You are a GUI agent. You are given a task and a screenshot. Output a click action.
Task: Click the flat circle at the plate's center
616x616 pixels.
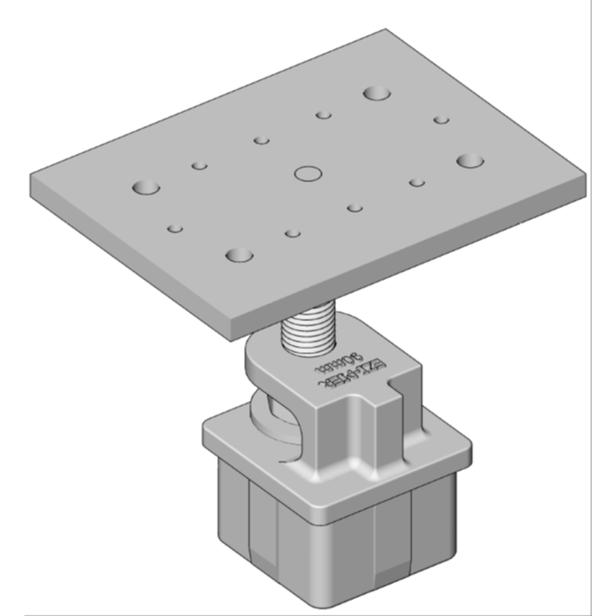[308, 173]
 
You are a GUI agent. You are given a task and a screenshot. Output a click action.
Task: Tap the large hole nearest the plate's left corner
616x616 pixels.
[145, 187]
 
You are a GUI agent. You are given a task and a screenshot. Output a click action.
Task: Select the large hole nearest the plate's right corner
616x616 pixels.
[469, 161]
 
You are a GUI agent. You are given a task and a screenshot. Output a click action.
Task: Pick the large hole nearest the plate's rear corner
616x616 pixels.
[375, 93]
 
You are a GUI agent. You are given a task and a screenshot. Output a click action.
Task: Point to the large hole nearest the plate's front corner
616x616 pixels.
[239, 255]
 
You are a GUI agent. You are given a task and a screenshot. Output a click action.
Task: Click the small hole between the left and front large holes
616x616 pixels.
[175, 229]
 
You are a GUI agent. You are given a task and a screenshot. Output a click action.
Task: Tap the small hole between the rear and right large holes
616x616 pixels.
[441, 120]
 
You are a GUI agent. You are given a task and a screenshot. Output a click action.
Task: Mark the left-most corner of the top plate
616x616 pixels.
[31, 180]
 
